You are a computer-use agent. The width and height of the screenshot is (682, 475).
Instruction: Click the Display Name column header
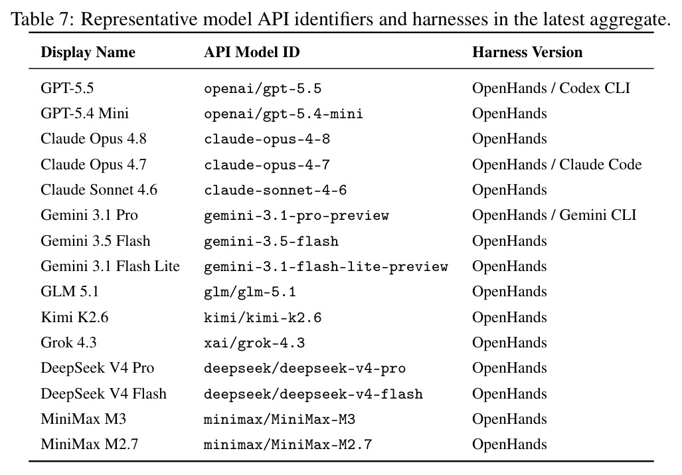[88, 52]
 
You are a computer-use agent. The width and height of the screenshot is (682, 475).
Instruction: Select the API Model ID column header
[252, 52]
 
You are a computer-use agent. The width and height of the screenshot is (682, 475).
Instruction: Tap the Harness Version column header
[527, 52]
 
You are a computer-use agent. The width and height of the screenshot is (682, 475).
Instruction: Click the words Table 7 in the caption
[43, 19]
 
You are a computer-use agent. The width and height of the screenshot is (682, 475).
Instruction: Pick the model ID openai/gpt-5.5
[263, 89]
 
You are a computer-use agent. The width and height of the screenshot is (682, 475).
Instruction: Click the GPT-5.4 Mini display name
[84, 114]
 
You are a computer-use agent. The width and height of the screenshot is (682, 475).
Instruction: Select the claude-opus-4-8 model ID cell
[267, 140]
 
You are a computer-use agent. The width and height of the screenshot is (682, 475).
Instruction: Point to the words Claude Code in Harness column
[600, 165]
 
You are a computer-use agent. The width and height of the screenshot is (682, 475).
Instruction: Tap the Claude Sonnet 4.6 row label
[99, 189]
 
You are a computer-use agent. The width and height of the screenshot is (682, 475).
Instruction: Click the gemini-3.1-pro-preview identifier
[296, 216]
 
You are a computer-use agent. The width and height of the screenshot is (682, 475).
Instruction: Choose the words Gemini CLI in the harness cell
[598, 215]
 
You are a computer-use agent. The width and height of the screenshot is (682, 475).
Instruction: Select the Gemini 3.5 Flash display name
[95, 240]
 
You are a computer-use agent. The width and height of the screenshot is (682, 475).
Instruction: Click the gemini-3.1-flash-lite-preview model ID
[326, 266]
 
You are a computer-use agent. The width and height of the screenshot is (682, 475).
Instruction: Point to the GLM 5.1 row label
[70, 291]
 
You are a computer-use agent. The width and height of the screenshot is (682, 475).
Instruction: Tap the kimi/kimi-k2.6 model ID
[263, 318]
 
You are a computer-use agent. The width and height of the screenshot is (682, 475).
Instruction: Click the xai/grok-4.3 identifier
[254, 343]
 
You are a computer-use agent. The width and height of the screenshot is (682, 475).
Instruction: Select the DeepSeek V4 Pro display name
[98, 368]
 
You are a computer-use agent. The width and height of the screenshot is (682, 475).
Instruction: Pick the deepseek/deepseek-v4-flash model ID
[313, 394]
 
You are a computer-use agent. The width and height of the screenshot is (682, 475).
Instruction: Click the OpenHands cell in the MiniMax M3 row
[509, 419]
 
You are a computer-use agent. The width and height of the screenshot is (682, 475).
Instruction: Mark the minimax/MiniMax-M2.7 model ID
[288, 444]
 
